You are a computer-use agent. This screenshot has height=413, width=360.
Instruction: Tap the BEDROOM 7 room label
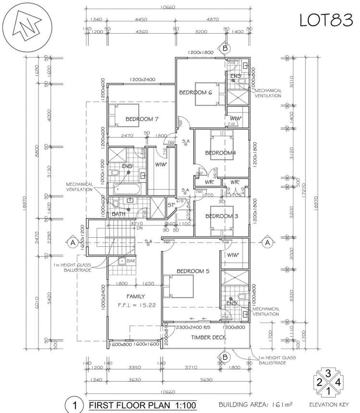pos(142,119)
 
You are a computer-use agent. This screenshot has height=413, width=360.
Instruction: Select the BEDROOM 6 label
pos(196,92)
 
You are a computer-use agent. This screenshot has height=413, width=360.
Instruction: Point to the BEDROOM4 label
pos(221,153)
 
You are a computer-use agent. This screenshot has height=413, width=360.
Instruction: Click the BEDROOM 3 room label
pos(222,216)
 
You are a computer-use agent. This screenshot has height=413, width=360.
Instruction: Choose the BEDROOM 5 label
pos(193,271)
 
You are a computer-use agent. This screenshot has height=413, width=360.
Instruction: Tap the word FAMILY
pos(136,296)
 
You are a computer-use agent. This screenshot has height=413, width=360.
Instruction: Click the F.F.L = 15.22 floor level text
pos(137,305)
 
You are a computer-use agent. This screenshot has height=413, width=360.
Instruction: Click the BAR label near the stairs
pos(130,261)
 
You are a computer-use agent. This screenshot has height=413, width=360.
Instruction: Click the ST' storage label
pos(171,206)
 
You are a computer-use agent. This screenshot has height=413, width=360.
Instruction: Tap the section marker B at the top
pos(224,48)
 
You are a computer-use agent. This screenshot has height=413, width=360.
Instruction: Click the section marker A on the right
pos(266,243)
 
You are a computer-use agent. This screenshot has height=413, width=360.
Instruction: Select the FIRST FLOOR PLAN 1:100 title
pos(142,405)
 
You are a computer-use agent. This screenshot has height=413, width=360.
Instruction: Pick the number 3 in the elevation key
pos(327,373)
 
